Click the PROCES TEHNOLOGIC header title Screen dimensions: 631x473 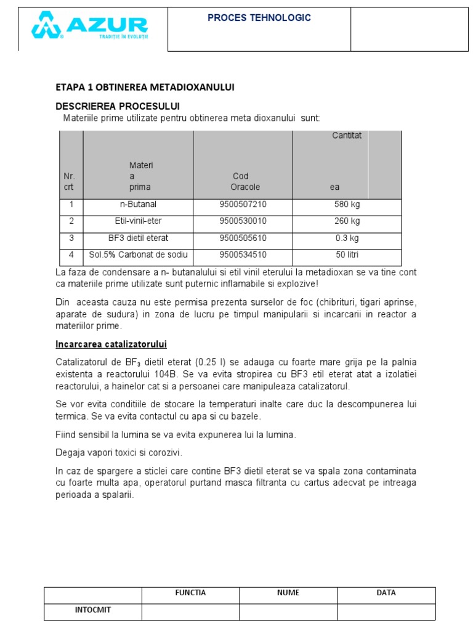[259, 18]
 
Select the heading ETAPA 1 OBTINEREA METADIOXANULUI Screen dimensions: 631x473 [145, 88]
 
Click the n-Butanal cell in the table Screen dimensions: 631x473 [138, 204]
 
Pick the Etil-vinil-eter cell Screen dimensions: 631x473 [138, 221]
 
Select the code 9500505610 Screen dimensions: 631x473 [243, 238]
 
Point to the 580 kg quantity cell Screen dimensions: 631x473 [347, 204]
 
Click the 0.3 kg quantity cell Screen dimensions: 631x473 [347, 238]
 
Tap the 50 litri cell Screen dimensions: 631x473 [347, 254]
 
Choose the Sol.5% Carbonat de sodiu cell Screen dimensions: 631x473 [138, 254]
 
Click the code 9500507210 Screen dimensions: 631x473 [243, 204]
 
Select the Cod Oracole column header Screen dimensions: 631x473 [245, 182]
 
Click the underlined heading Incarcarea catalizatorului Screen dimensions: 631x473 [111, 344]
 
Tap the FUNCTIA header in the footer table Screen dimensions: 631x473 [190, 593]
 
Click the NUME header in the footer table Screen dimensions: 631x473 [288, 593]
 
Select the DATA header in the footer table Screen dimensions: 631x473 [386, 593]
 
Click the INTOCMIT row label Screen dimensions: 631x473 [93, 611]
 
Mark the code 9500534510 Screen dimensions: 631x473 [243, 254]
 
